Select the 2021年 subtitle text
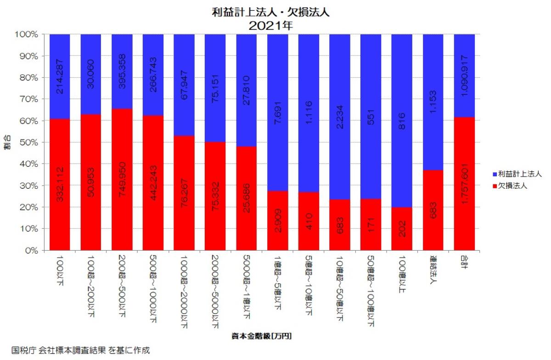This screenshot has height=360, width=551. tap(270, 26)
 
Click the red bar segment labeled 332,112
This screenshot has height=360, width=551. tap(60, 185)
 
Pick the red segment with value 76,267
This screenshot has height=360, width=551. tap(184, 193)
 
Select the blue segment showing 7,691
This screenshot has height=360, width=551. tap(277, 112)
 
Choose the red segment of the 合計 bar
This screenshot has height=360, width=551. tap(464, 184)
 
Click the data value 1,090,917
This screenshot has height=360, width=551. tap(464, 76)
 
